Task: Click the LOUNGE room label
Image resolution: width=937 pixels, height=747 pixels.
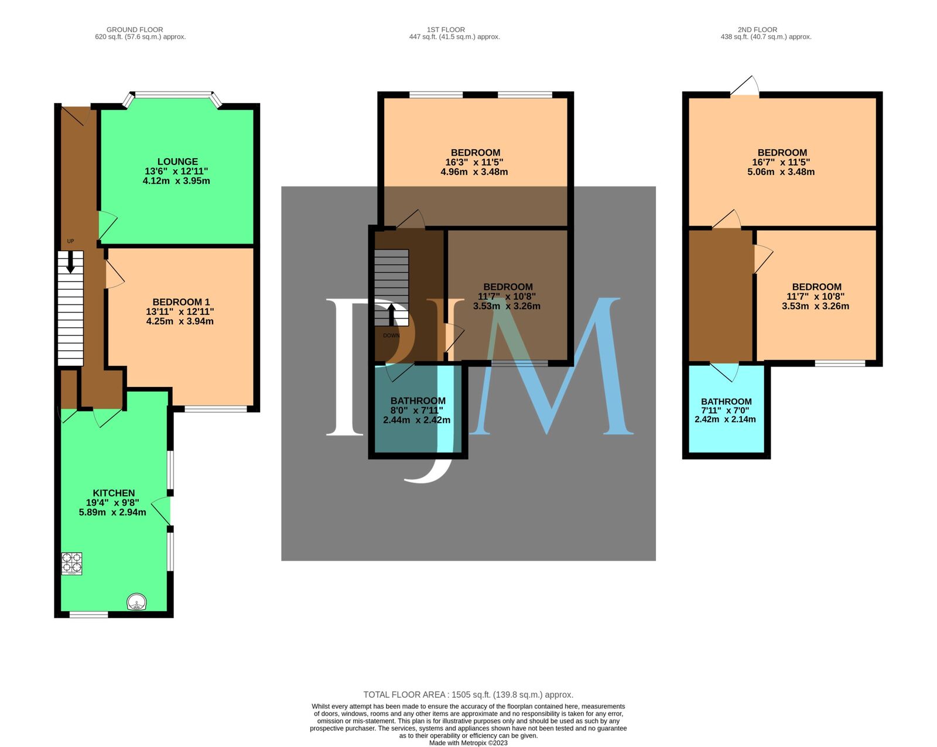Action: click(177, 162)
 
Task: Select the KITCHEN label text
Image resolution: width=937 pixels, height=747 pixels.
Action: click(114, 493)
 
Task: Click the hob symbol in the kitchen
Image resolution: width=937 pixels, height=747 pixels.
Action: click(71, 563)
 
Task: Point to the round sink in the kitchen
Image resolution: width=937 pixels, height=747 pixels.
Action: click(137, 603)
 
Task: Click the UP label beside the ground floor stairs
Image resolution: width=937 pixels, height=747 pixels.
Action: click(71, 241)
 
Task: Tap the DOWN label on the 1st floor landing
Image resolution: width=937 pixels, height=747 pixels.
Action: click(391, 335)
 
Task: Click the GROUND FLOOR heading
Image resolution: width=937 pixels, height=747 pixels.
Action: click(135, 29)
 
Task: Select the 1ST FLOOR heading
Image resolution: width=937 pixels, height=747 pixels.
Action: click(446, 29)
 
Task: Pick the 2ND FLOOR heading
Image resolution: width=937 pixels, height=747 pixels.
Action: click(757, 29)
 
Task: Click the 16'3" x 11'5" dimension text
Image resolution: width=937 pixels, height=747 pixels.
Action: click(474, 162)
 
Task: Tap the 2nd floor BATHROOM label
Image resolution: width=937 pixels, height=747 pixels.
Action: click(726, 402)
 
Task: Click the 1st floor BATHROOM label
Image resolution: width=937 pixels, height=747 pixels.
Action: click(418, 401)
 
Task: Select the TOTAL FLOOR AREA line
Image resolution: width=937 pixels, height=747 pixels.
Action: click(468, 695)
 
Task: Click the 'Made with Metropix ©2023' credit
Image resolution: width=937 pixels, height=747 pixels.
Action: click(468, 743)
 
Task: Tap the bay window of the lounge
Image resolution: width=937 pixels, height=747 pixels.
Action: click(173, 94)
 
